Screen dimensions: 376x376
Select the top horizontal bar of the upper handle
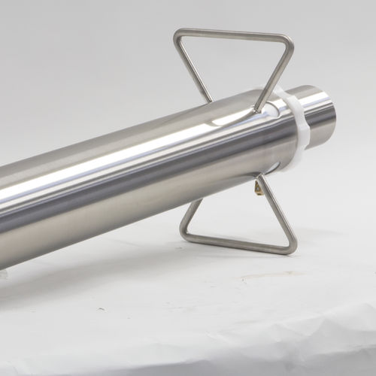(x=234, y=33)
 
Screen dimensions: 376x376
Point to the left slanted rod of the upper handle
(x=193, y=68)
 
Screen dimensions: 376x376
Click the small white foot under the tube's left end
(x=6, y=272)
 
